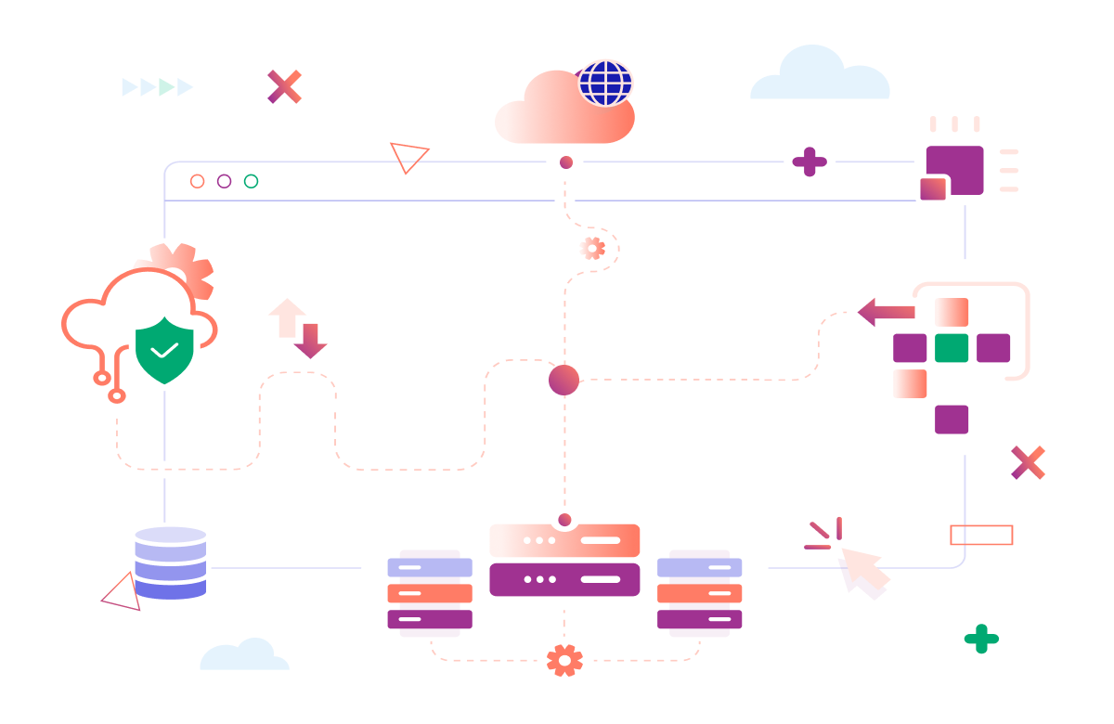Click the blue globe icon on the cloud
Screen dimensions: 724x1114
(x=606, y=83)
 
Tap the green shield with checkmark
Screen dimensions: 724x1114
(x=164, y=350)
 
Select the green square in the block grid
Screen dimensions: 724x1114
(x=952, y=348)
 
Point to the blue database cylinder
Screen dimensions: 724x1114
(x=170, y=562)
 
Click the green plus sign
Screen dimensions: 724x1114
(x=981, y=639)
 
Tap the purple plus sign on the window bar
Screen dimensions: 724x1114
(x=810, y=162)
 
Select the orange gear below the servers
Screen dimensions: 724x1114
(x=564, y=660)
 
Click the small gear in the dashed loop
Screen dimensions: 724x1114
(x=592, y=248)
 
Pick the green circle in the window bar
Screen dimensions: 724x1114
(x=251, y=181)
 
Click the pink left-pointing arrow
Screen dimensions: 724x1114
(x=886, y=312)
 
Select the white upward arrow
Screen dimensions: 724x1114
(x=287, y=317)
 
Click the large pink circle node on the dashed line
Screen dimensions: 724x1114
(x=563, y=380)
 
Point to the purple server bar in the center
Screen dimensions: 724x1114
(x=564, y=579)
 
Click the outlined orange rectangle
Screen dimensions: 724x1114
(x=981, y=535)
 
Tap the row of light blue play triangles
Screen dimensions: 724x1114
(x=158, y=87)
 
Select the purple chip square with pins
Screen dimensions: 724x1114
(x=955, y=169)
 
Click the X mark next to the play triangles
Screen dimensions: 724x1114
(x=284, y=86)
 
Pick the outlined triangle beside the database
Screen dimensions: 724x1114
(x=123, y=593)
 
